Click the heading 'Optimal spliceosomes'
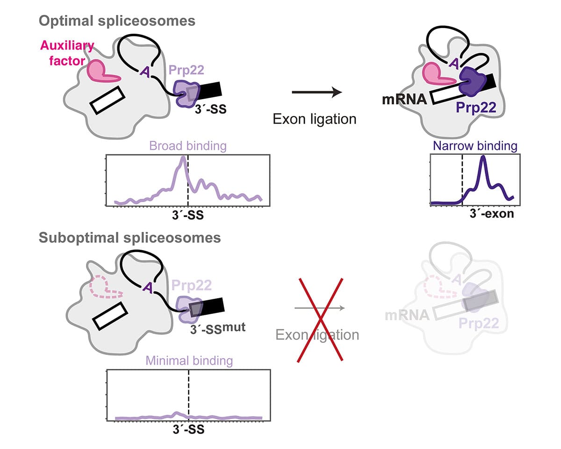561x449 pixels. (x=117, y=21)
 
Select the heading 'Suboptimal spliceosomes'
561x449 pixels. (x=129, y=238)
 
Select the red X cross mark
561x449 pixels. (x=321, y=319)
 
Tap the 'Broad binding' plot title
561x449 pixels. (x=188, y=146)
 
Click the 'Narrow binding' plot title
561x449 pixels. (x=475, y=146)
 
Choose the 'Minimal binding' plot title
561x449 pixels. (x=189, y=361)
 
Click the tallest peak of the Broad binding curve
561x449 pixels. (x=183, y=159)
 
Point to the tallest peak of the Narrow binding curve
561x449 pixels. (x=483, y=158)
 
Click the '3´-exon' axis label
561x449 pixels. (x=491, y=214)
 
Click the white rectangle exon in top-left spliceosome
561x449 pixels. (x=108, y=100)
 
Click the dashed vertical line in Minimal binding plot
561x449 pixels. (x=188, y=393)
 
